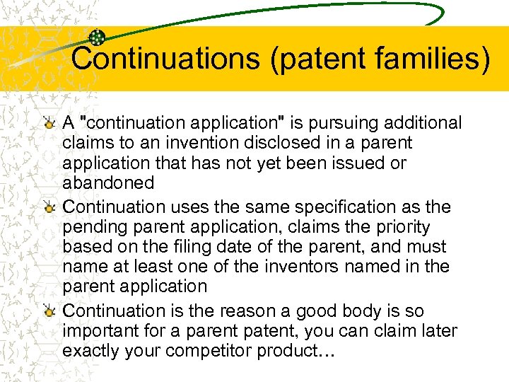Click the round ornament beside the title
98,38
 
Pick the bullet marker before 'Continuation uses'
48,208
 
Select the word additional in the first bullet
417,123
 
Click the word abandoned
108,183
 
